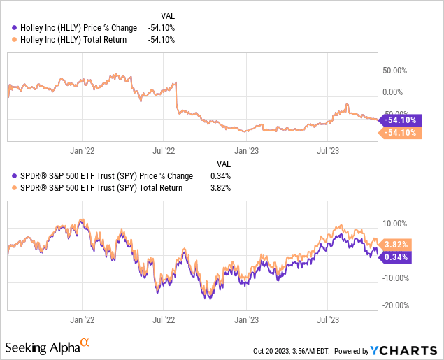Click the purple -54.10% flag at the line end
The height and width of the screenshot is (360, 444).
pos(400,120)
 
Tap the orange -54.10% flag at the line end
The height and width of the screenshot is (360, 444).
pos(400,132)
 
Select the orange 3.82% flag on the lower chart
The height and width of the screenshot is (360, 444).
pos(396,245)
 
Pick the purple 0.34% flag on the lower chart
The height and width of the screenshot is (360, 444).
pos(396,257)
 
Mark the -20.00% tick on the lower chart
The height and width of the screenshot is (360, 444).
pos(396,305)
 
